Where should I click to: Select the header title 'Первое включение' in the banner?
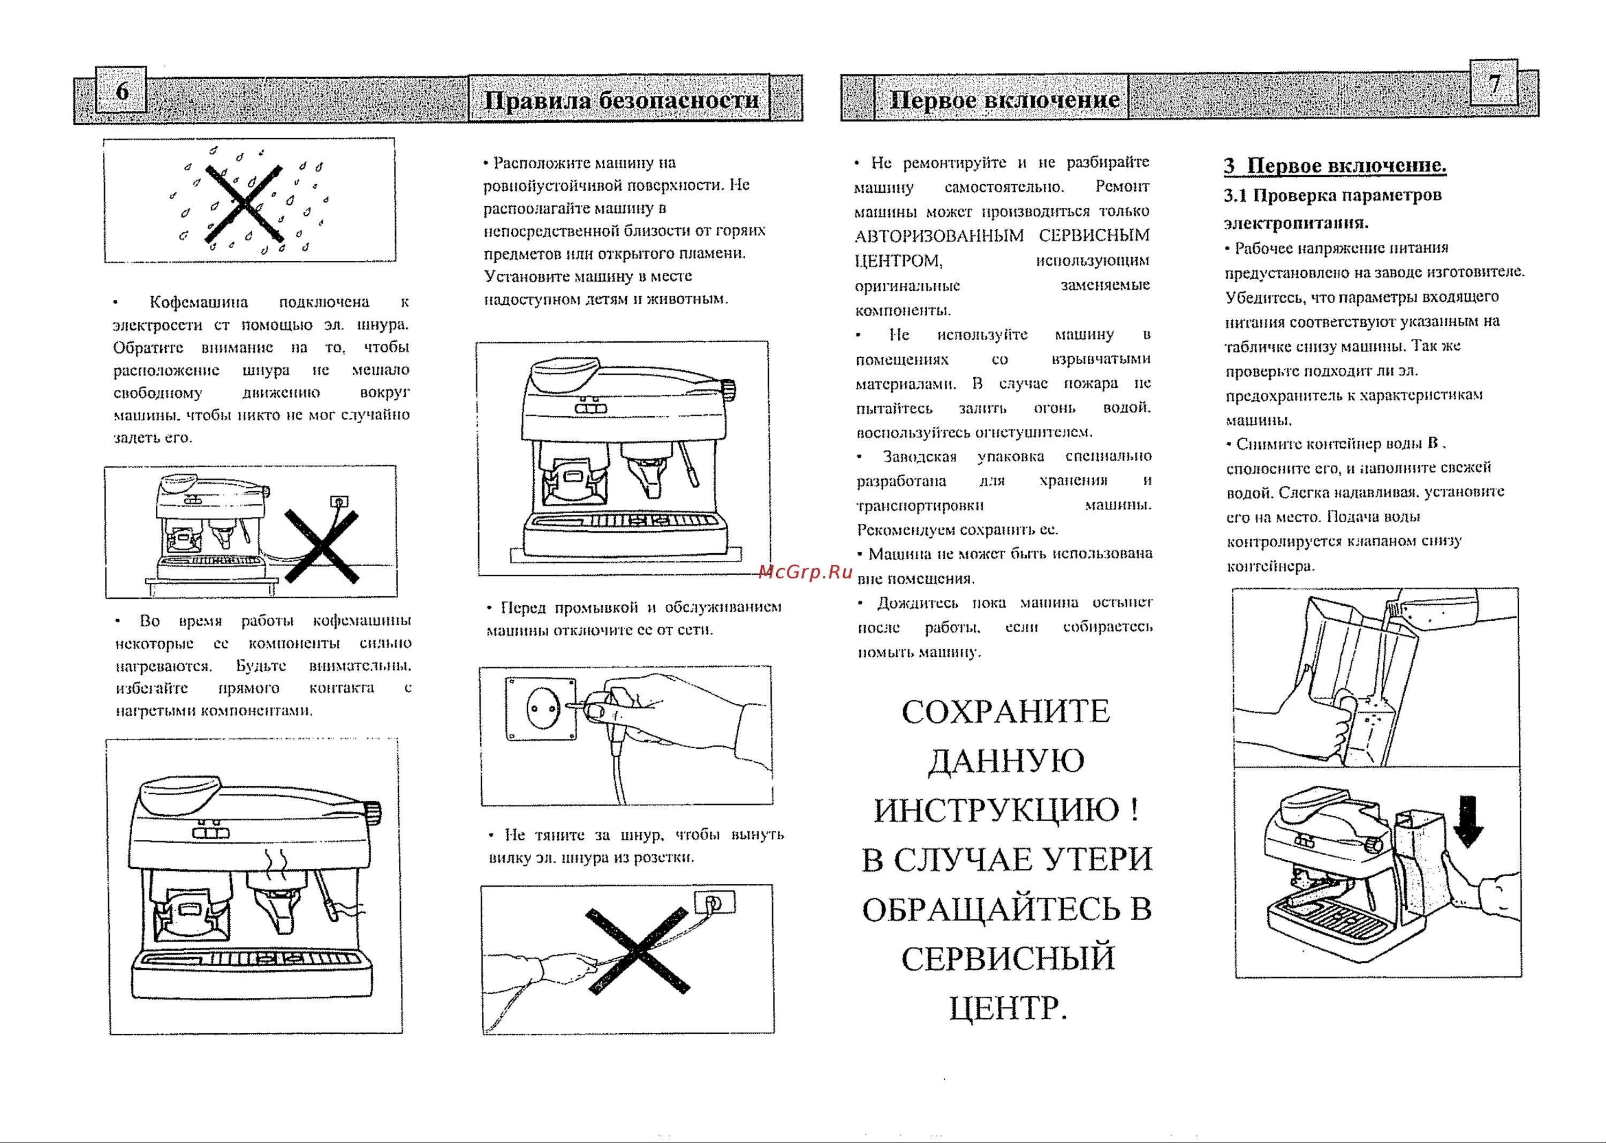(1004, 99)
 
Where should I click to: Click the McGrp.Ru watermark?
(806, 571)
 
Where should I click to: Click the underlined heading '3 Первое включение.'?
(1335, 166)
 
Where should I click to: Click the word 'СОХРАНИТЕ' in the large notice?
(1006, 711)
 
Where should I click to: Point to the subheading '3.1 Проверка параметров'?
(1332, 195)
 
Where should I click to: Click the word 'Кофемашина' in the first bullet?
(199, 302)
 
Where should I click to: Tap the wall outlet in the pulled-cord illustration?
(714, 903)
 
